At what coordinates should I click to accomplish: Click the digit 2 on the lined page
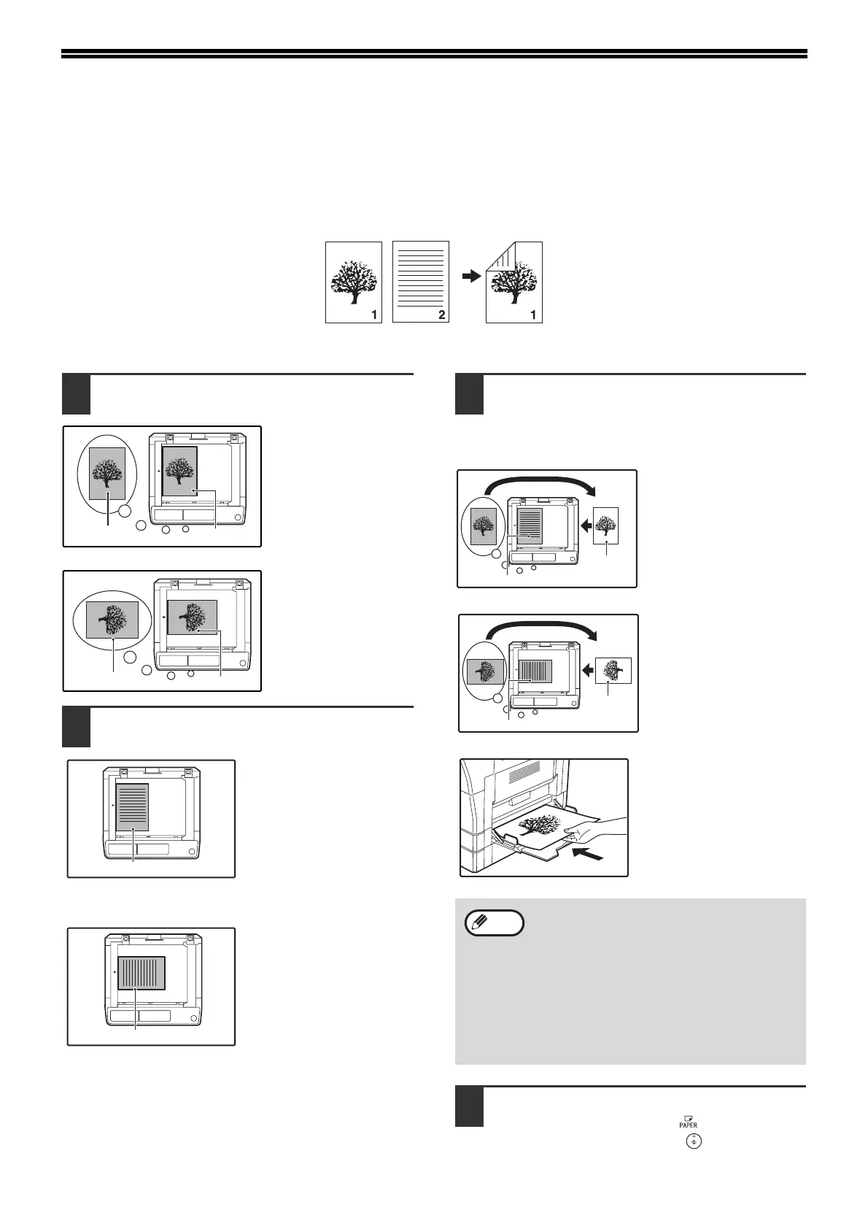[441, 315]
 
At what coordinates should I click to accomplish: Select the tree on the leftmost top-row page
[353, 275]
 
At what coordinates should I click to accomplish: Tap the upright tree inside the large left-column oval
[107, 474]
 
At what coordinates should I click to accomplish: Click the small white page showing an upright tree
[605, 525]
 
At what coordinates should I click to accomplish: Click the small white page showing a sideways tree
[613, 670]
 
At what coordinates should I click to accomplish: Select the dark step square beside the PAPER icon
[469, 1106]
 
